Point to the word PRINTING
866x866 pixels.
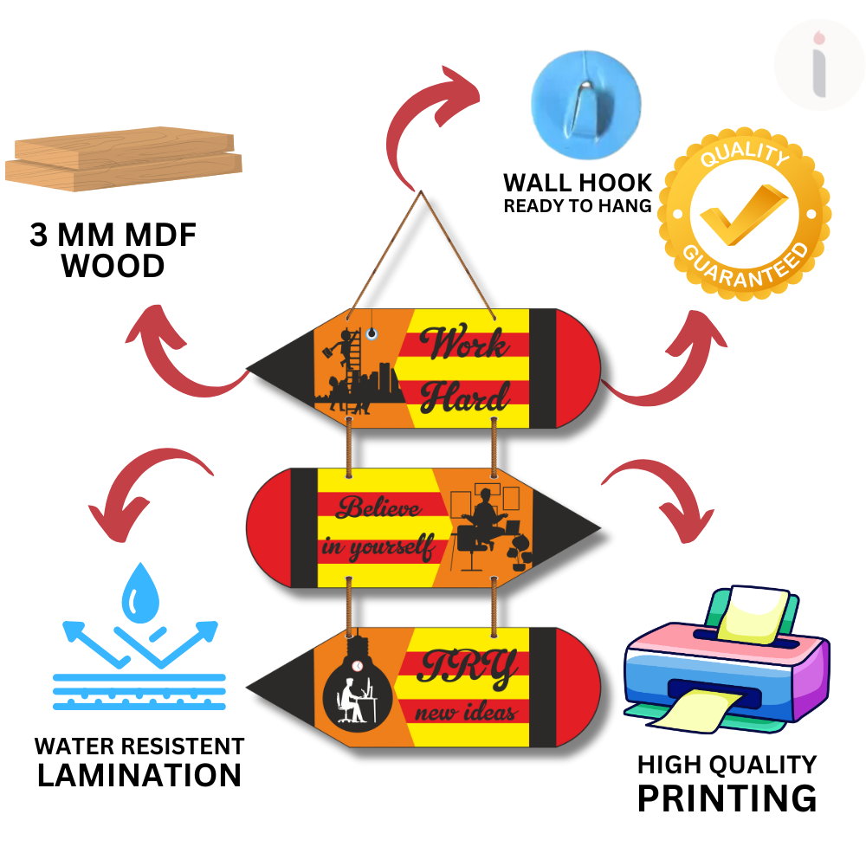[x=727, y=798]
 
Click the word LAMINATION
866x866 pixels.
[x=139, y=774]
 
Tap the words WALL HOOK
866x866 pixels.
[x=578, y=184]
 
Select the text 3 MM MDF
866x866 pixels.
[x=113, y=236]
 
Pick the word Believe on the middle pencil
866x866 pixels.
[x=378, y=508]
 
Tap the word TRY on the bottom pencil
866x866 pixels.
[x=468, y=667]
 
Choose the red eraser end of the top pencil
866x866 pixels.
[x=577, y=368]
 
